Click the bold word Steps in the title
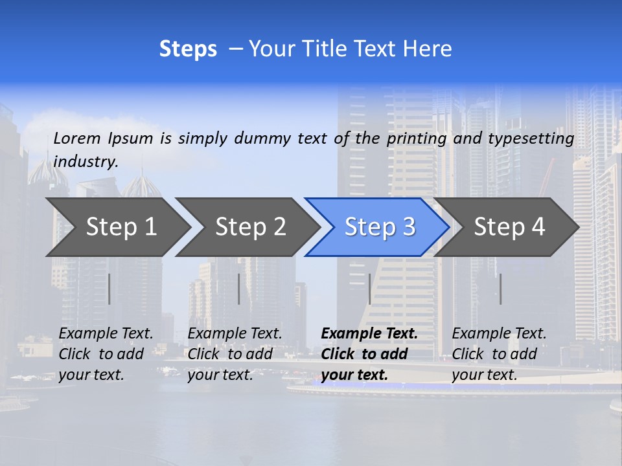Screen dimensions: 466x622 [x=188, y=49]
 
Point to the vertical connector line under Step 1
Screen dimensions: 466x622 [x=109, y=289]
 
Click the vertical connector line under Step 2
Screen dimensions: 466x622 [x=239, y=289]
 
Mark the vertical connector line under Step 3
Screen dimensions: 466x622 [x=369, y=289]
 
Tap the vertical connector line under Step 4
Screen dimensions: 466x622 [x=500, y=289]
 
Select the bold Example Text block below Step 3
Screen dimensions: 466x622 [x=369, y=354]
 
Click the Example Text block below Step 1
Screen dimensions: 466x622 [x=106, y=354]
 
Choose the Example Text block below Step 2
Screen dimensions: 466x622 [x=235, y=354]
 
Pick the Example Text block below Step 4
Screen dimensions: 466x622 [x=499, y=354]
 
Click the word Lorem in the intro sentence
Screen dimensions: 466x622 [x=77, y=138]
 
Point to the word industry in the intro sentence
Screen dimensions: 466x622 [x=86, y=162]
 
